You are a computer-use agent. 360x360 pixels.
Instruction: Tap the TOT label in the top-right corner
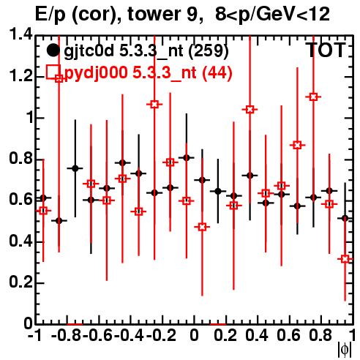click(326, 50)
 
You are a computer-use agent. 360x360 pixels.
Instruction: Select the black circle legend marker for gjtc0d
click(53, 50)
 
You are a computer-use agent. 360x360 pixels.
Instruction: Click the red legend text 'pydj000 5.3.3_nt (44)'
click(149, 72)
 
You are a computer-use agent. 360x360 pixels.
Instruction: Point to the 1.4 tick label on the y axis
click(21, 34)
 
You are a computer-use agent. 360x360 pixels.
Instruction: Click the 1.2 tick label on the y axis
click(21, 76)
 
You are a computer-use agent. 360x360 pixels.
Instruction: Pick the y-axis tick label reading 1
click(30, 118)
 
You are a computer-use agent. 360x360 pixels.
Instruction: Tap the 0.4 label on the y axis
click(21, 241)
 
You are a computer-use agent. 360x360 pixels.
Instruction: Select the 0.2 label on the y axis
click(21, 282)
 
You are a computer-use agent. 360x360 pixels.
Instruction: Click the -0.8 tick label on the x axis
click(67, 335)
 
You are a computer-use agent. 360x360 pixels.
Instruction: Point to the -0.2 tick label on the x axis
click(161, 335)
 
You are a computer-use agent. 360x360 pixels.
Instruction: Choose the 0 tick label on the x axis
click(194, 335)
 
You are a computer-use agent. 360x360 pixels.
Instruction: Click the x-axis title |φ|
click(345, 350)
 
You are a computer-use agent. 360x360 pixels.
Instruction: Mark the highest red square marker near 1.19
click(59, 78)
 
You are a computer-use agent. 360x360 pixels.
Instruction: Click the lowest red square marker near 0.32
click(345, 259)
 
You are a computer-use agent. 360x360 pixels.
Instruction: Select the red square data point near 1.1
click(313, 97)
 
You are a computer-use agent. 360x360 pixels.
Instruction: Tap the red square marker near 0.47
click(202, 227)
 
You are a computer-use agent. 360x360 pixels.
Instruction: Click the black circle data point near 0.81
click(187, 158)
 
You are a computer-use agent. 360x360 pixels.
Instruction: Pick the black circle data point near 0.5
click(59, 221)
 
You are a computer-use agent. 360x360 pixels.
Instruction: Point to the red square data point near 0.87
click(297, 145)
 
